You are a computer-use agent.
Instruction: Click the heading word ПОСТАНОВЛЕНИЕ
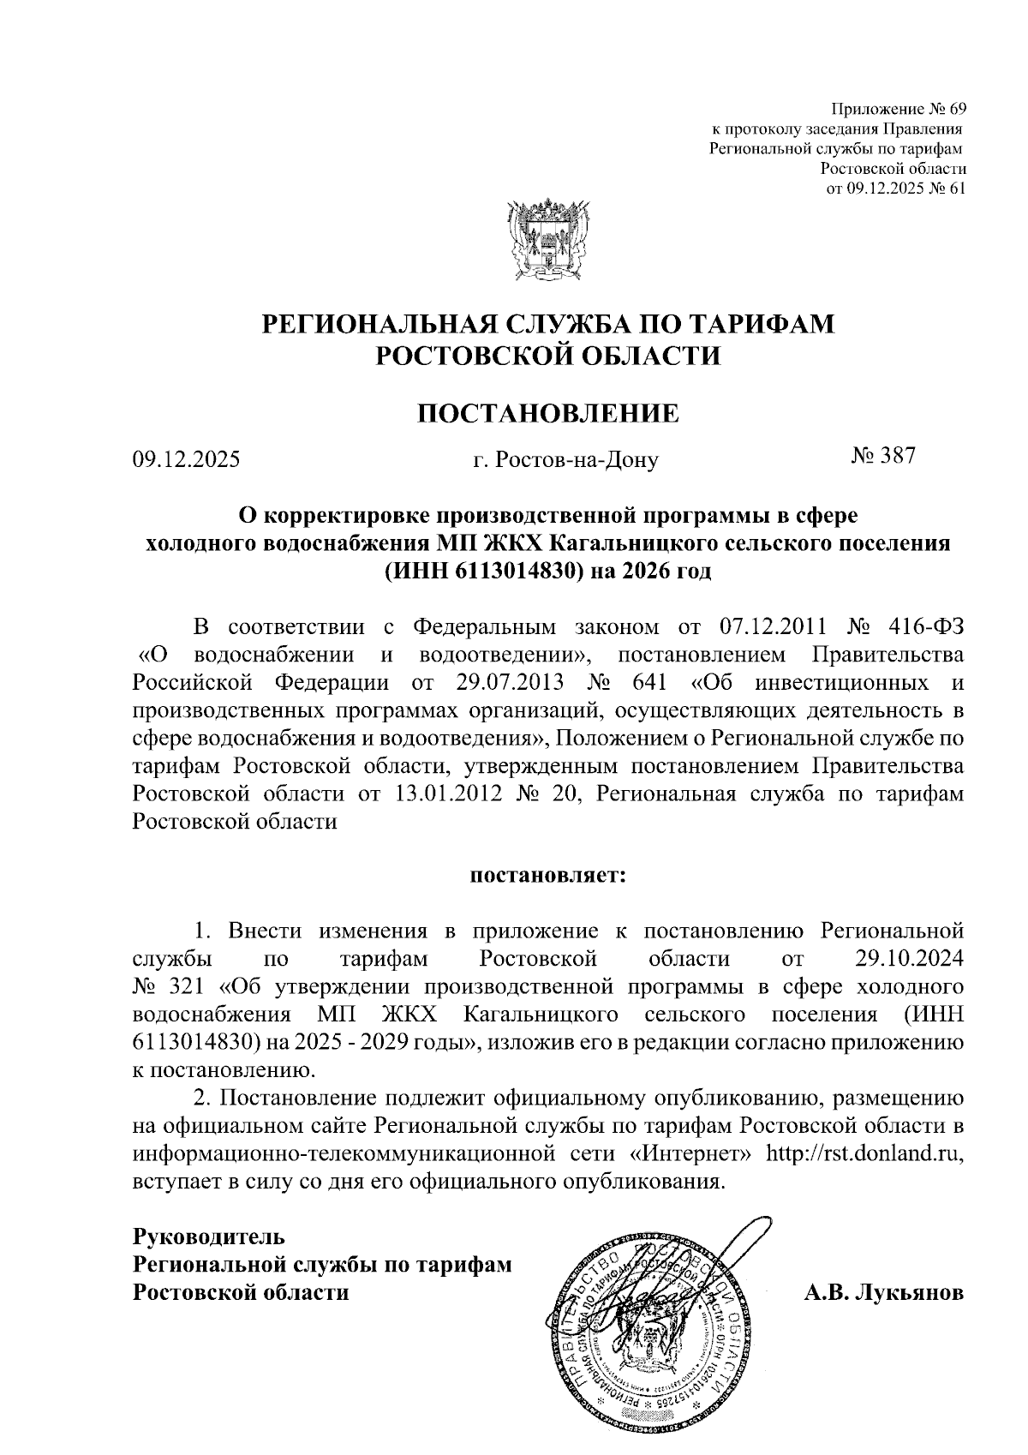click(547, 414)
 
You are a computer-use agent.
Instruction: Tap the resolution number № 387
click(883, 457)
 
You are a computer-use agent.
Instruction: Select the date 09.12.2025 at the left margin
click(186, 460)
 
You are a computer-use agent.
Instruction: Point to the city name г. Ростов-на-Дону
click(565, 460)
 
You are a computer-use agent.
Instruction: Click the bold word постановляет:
click(547, 876)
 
